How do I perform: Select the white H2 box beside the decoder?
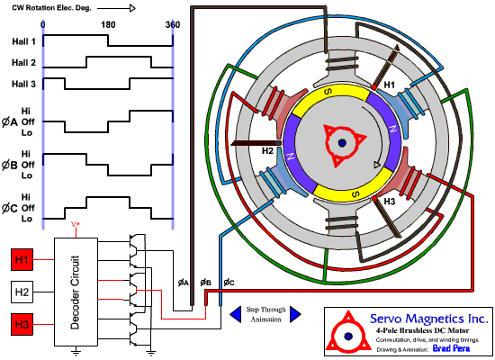[22, 292]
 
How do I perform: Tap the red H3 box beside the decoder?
[22, 324]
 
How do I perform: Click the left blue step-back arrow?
[235, 313]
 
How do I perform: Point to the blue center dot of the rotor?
[343, 143]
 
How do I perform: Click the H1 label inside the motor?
[390, 85]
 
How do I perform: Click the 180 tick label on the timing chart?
[108, 25]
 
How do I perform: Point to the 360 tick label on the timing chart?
[171, 25]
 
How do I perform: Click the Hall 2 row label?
[22, 63]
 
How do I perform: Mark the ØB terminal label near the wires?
[206, 283]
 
